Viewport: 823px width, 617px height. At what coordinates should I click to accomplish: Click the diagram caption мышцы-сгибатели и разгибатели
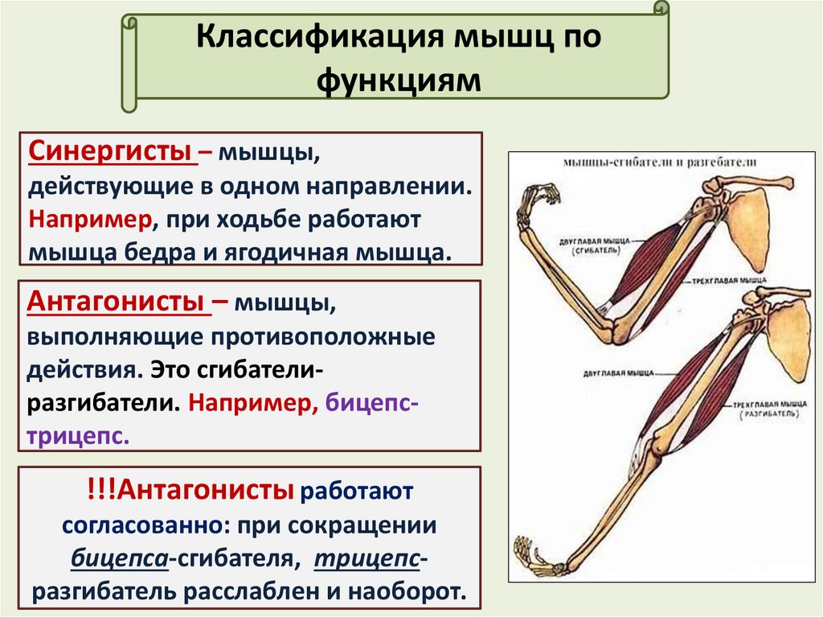click(660, 161)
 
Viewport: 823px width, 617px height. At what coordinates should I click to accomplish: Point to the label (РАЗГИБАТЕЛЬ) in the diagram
click(768, 413)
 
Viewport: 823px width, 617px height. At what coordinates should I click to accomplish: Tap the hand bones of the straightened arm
click(534, 554)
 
